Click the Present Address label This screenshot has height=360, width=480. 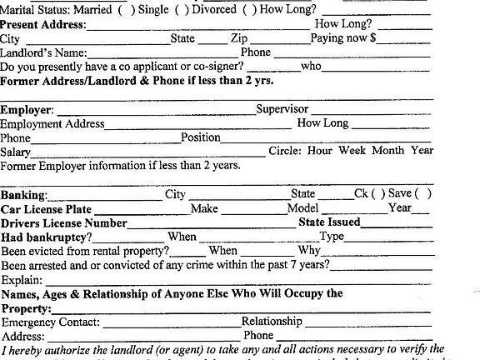coord(43,24)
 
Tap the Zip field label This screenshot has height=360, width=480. coord(239,38)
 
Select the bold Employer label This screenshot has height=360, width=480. coord(27,110)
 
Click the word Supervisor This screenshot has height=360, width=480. coord(282,109)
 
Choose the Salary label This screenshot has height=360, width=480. coord(16,152)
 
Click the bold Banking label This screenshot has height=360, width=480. coord(24,195)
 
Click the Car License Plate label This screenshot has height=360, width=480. coord(46,209)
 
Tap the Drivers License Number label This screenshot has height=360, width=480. coord(64,223)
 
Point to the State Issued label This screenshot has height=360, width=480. coord(329,222)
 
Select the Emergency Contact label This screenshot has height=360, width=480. coord(51,322)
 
